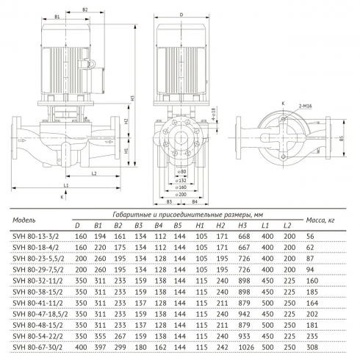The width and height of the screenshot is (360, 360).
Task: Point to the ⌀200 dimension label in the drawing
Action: pyautogui.click(x=181, y=194)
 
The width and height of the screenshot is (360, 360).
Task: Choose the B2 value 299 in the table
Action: pyautogui.click(x=118, y=347)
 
